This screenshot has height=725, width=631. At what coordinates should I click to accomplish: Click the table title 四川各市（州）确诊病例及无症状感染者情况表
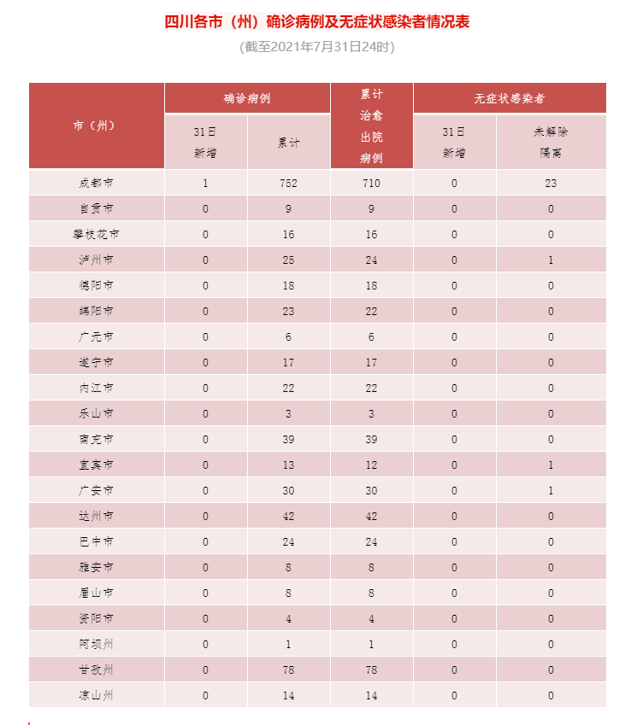tap(316, 22)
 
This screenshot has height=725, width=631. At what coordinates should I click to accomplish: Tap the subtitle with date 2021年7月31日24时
tap(316, 48)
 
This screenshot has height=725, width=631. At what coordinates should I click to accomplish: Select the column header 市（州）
tap(95, 126)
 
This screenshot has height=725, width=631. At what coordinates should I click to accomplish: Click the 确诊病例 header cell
tap(247, 98)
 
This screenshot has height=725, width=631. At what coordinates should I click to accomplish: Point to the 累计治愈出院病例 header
tap(371, 126)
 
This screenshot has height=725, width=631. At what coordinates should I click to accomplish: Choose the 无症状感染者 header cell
tap(510, 98)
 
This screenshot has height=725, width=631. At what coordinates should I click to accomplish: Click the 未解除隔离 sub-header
tap(551, 142)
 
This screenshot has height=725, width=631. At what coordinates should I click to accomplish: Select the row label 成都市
tap(95, 183)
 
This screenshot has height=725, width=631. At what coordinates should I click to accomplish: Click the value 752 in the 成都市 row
tap(288, 183)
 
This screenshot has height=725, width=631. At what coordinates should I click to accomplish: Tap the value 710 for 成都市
tap(371, 183)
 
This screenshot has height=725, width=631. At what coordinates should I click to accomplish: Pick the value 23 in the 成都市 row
tap(551, 183)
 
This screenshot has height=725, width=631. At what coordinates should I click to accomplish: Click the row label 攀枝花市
tap(95, 234)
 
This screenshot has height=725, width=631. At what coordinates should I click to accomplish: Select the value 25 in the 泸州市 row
tap(288, 260)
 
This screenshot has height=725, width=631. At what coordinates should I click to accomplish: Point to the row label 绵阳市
tap(95, 311)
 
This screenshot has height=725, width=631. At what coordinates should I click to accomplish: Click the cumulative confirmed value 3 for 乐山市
tap(288, 413)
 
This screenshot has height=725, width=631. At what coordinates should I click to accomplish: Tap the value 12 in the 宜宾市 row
tap(371, 465)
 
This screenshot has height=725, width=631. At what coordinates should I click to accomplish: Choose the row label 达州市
tap(95, 516)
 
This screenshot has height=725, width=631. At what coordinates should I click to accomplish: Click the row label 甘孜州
tap(95, 669)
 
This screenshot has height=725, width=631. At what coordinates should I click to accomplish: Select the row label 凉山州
tap(95, 695)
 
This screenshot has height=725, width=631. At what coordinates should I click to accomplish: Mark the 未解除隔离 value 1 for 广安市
tap(551, 490)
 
